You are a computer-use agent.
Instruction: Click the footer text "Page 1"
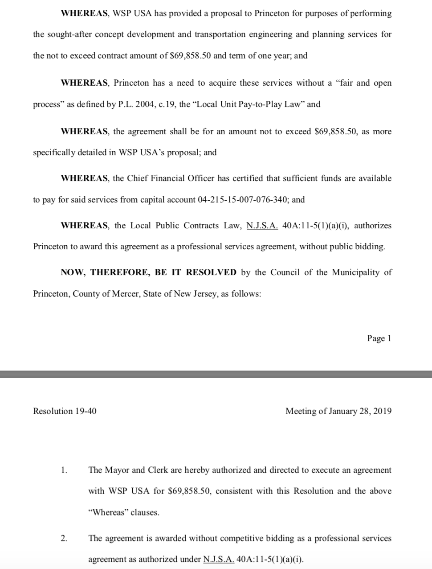click(x=379, y=338)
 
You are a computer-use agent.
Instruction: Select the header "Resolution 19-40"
click(x=65, y=411)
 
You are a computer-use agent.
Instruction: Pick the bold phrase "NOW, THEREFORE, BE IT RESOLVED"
click(x=148, y=272)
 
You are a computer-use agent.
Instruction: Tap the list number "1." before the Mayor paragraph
click(x=64, y=470)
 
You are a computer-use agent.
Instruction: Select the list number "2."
click(x=64, y=538)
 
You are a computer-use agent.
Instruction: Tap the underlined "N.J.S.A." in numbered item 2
click(x=219, y=560)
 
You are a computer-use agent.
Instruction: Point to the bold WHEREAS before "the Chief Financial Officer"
click(x=85, y=178)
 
